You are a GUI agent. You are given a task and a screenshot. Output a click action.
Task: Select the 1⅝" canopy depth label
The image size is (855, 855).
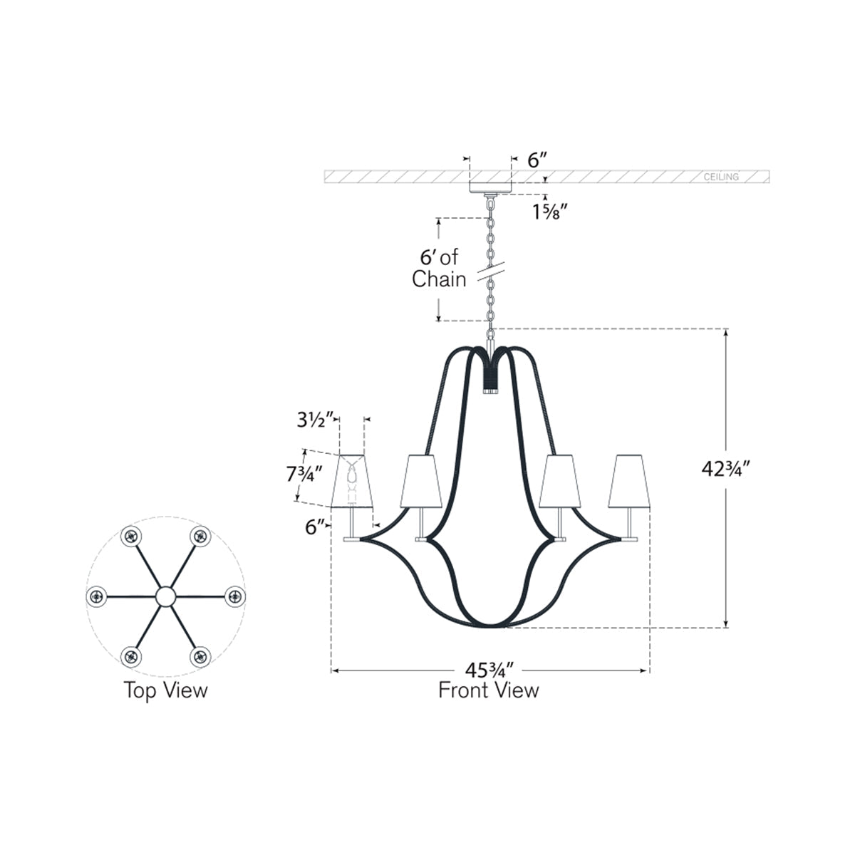pyautogui.click(x=550, y=212)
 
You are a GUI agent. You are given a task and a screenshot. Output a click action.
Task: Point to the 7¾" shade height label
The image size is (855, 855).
pyautogui.click(x=304, y=474)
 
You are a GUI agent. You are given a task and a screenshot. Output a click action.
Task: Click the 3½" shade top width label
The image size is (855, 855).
pyautogui.click(x=315, y=420)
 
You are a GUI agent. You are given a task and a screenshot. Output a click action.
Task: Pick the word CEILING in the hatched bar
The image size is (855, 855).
pyautogui.click(x=721, y=177)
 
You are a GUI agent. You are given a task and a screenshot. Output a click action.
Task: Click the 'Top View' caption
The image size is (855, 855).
pyautogui.click(x=165, y=690)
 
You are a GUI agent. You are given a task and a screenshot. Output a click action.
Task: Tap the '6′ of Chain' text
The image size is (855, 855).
pyautogui.click(x=440, y=268)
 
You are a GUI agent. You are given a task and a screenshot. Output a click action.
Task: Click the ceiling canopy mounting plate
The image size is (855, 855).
pyautogui.click(x=490, y=187)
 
